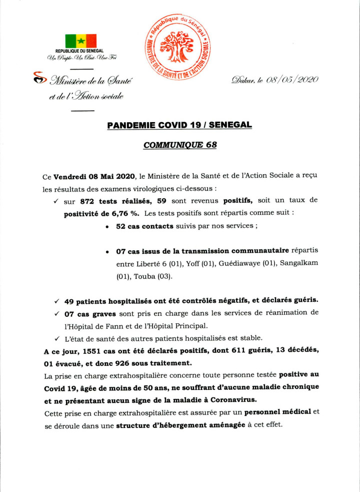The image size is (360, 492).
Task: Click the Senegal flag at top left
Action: point(80,41)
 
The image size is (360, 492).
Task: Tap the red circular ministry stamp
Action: point(177,51)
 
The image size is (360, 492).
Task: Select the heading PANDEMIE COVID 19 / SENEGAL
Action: point(179,125)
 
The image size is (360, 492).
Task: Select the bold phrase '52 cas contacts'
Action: point(144,226)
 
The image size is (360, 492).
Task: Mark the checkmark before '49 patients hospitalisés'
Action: point(56,300)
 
